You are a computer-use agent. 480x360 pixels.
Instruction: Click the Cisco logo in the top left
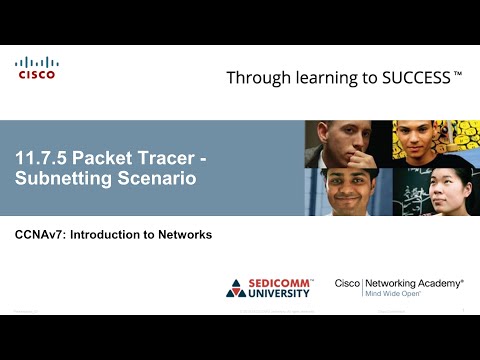(x=37, y=68)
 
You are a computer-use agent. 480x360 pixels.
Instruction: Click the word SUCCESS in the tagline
(x=415, y=77)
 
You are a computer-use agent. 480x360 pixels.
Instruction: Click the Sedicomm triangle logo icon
(x=236, y=288)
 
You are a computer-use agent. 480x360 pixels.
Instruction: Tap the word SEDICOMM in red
(x=282, y=283)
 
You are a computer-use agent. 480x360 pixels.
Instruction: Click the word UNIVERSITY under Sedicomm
(x=282, y=294)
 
